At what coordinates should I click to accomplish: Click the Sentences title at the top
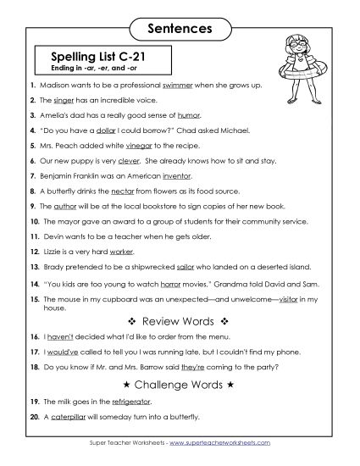(180, 28)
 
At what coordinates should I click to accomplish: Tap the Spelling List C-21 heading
(100, 58)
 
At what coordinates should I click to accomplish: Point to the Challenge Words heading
(180, 384)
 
